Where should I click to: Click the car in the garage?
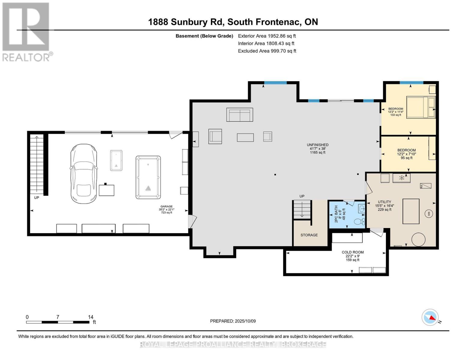[x=84, y=173]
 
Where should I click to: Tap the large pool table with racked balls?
[x=148, y=177]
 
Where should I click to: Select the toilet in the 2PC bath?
[x=359, y=222]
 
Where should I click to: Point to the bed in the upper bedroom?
[x=420, y=107]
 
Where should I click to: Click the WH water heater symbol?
[x=429, y=214]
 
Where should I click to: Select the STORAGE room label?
[x=309, y=235]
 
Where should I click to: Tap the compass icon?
[x=430, y=317]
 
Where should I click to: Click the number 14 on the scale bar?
[x=91, y=317]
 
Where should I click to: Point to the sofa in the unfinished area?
[x=239, y=115]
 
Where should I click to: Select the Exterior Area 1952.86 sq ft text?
[x=267, y=36]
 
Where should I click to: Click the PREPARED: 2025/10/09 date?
[x=233, y=321]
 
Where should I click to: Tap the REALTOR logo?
[x=26, y=31]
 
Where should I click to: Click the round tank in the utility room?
[x=418, y=240]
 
